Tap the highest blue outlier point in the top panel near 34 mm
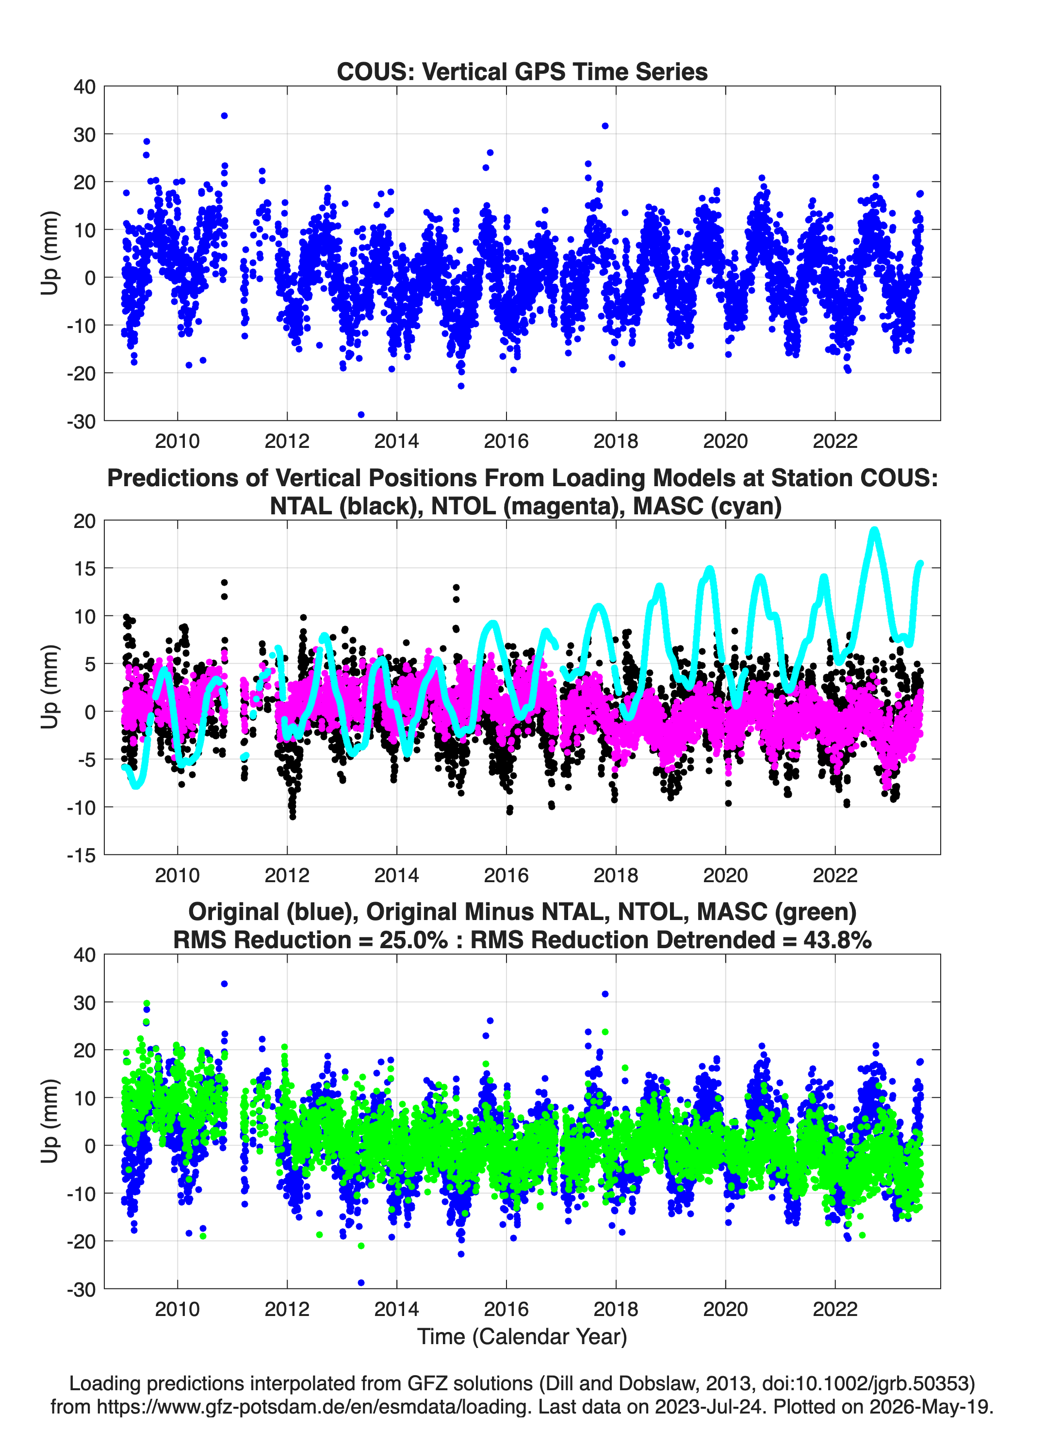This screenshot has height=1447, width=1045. pyautogui.click(x=224, y=115)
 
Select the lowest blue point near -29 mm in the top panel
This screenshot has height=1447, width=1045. pyautogui.click(x=361, y=415)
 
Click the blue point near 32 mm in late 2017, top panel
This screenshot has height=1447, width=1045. pyautogui.click(x=605, y=126)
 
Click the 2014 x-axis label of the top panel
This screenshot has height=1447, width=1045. pyautogui.click(x=396, y=441)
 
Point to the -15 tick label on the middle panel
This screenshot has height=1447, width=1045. pyautogui.click(x=81, y=855)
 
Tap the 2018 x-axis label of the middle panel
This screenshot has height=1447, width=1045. pyautogui.click(x=616, y=875)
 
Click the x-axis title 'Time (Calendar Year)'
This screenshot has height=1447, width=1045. pyautogui.click(x=522, y=1337)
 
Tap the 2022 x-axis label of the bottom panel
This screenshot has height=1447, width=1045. pyautogui.click(x=835, y=1309)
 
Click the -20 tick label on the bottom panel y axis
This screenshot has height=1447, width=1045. pyautogui.click(x=81, y=1242)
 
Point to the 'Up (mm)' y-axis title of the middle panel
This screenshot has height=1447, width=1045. pyautogui.click(x=50, y=687)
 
